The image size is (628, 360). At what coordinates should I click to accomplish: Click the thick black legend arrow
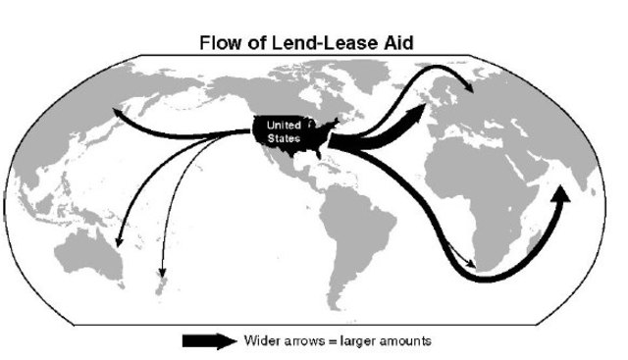(x=210, y=340)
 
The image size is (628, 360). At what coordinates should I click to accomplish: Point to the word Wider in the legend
(x=263, y=340)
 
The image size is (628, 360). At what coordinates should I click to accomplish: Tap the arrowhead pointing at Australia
(x=119, y=242)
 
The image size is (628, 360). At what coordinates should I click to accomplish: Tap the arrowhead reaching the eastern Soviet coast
(x=117, y=112)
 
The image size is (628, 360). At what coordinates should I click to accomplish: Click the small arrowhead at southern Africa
(x=475, y=263)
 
